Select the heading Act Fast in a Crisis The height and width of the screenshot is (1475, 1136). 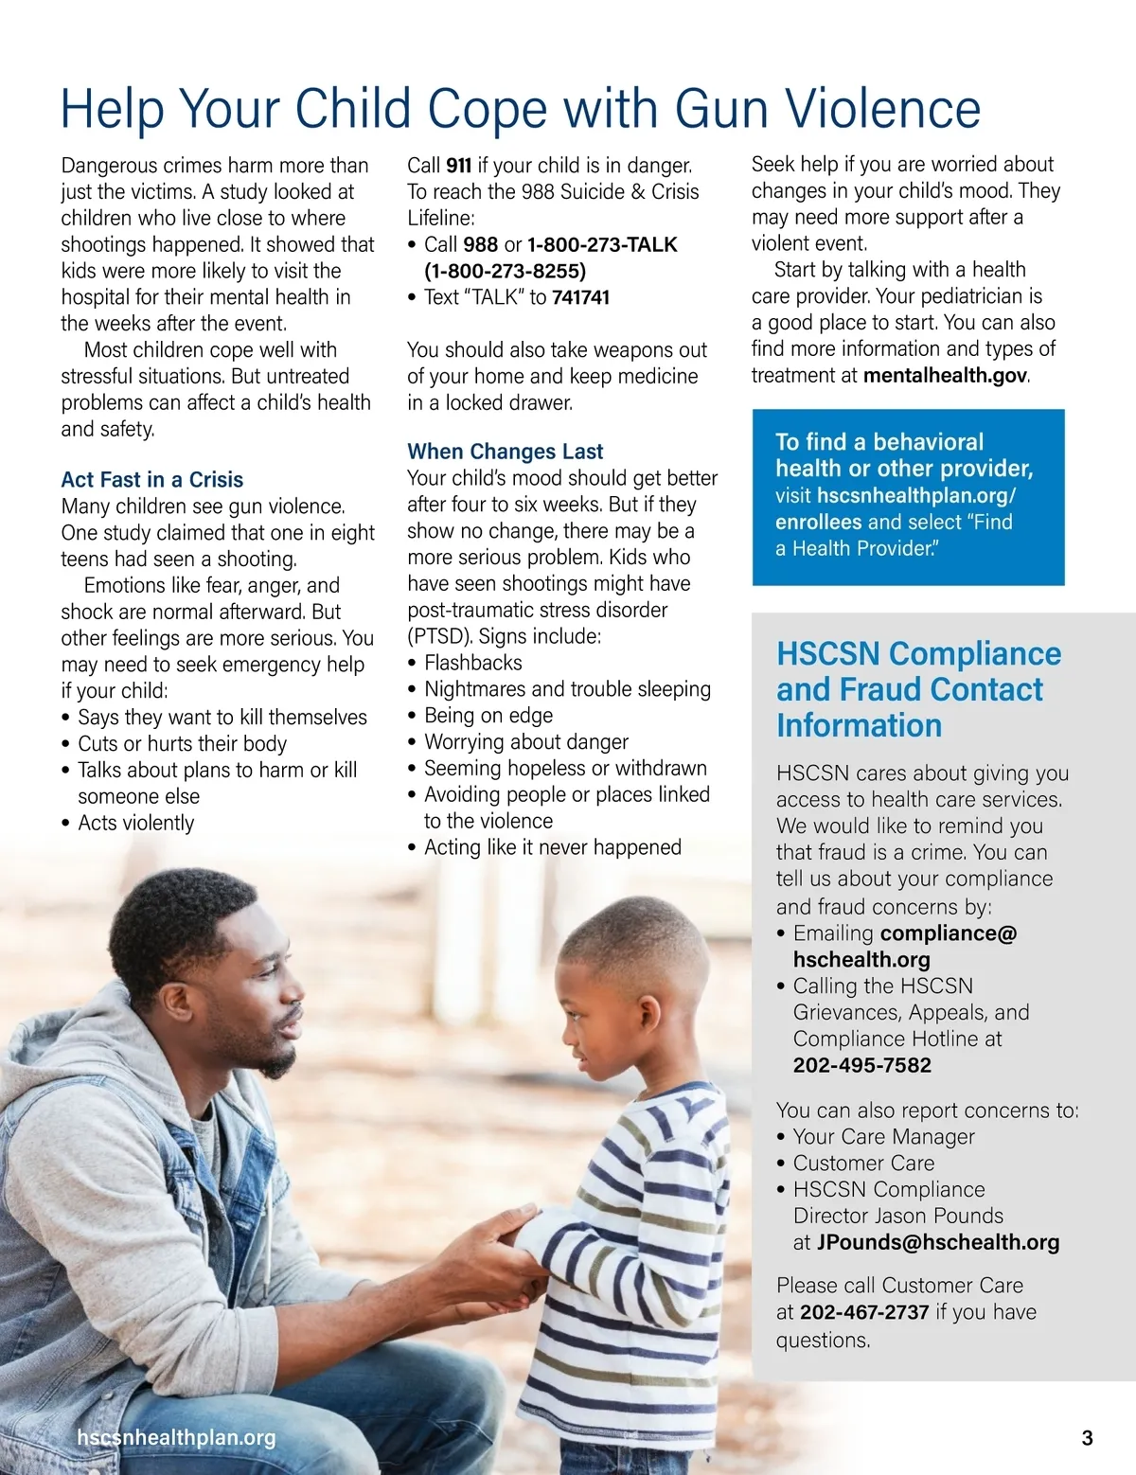tap(152, 480)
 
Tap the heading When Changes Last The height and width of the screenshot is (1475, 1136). tap(505, 452)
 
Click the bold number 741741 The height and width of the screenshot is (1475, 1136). tap(580, 297)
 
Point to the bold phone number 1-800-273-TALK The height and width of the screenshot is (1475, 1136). tap(602, 244)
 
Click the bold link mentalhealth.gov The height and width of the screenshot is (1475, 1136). tap(945, 375)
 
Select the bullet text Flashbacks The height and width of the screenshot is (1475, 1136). tap(472, 663)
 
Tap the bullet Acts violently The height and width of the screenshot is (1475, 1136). tap(135, 823)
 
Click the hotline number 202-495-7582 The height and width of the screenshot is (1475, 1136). tap(861, 1065)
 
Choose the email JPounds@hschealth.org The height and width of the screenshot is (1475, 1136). tap(937, 1242)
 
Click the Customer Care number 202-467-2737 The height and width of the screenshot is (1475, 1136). tap(864, 1312)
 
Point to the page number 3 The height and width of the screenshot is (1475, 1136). tap(1087, 1438)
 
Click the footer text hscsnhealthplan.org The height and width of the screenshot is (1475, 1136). tap(176, 1438)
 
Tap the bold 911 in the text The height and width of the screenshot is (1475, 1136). tap(458, 166)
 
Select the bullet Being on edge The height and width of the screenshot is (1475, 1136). tap(488, 716)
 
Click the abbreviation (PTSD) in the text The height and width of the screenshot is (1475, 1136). tap(441, 636)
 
